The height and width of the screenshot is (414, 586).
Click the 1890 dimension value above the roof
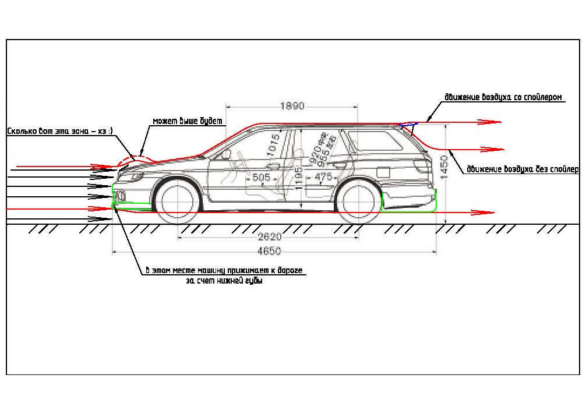pos(292,107)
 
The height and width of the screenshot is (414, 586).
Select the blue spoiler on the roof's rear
pos(408,123)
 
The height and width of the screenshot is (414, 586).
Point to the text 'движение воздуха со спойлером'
pos(503,97)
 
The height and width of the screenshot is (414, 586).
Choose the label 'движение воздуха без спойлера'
pos(522,169)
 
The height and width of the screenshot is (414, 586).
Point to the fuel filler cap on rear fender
pos(383,172)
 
